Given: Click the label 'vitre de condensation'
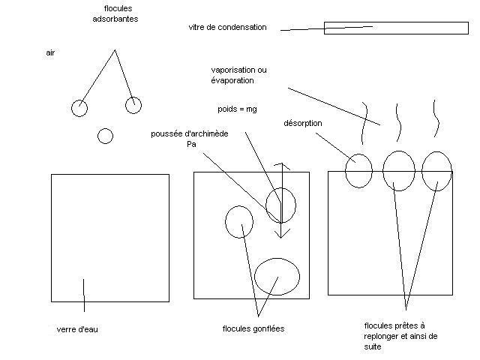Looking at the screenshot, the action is tap(227, 28).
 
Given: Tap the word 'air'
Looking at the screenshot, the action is tap(50, 54).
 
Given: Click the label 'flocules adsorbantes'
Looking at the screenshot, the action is tap(120, 13).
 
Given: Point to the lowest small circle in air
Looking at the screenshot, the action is tap(105, 136).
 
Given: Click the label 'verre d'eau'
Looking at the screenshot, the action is tap(77, 329).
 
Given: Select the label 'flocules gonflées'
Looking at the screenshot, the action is tap(253, 329).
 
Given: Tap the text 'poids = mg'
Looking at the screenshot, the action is tap(237, 109).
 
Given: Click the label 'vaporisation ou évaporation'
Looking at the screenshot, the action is tap(238, 75).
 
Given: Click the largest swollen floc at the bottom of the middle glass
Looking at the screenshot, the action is tap(277, 276).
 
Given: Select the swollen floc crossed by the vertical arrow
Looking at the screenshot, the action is tap(280, 205).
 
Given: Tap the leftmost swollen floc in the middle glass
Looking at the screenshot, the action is tap(239, 220).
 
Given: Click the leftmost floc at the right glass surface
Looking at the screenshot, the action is tap(358, 170).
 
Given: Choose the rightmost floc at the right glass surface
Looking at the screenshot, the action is tap(436, 171).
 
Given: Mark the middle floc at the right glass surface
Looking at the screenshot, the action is tap(398, 171).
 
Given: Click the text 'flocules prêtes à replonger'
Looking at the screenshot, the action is tap(394, 336).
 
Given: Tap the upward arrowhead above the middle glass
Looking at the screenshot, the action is tap(280, 163).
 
